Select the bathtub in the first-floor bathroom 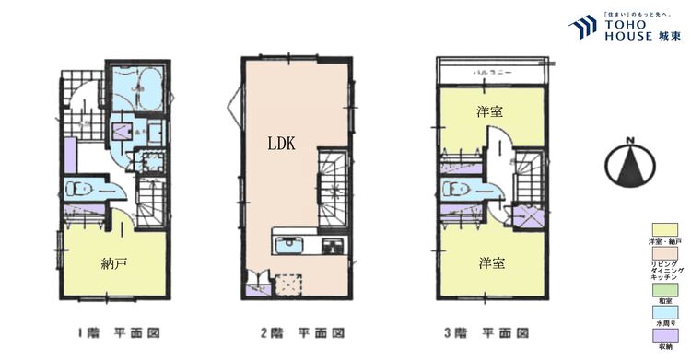(x=137, y=88)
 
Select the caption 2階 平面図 (x=296, y=332)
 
